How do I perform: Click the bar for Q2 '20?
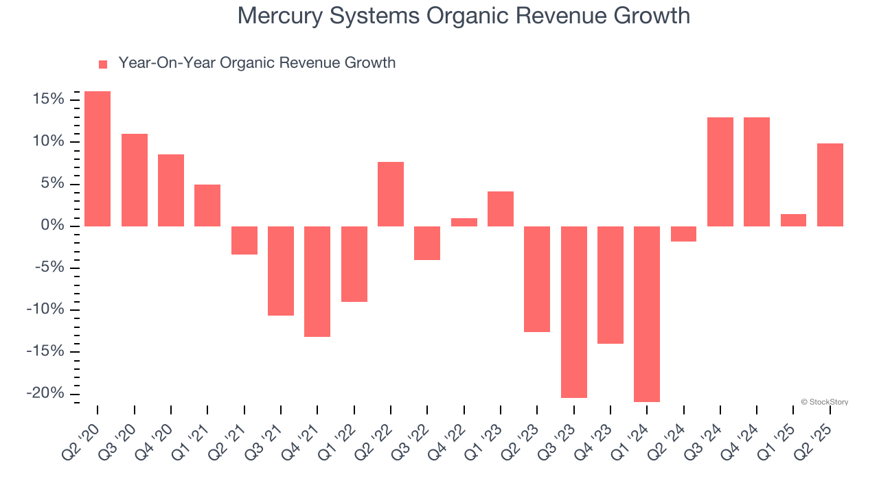coord(98,158)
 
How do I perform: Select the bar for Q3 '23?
coord(573,311)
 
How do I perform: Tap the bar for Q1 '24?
coord(647,314)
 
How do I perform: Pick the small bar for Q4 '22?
coord(464,222)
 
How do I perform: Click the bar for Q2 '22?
coord(391,194)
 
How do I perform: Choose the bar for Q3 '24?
coord(720,172)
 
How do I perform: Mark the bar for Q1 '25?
coord(793,220)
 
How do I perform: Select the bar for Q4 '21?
coord(317,281)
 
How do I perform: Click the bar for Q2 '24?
coord(683,234)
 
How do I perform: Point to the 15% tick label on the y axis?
coord(48,100)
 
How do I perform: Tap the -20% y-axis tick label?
coord(45,393)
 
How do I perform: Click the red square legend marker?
coord(103,64)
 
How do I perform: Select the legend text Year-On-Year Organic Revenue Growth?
coord(257,63)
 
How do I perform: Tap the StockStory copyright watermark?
coord(824,402)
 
